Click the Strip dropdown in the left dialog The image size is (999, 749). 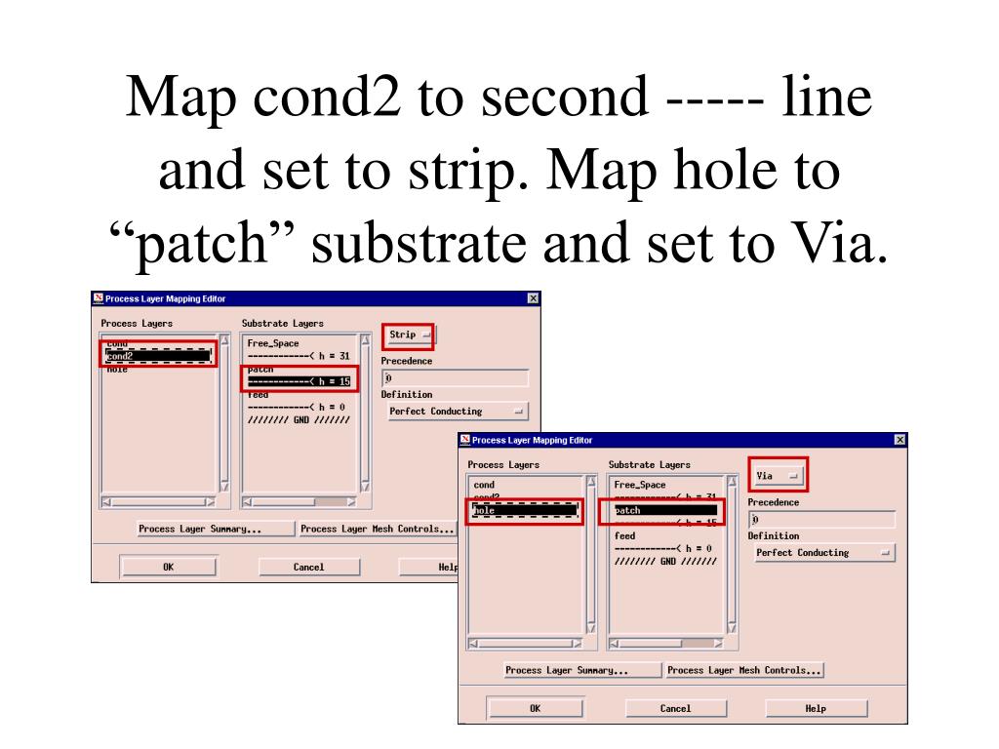pos(408,335)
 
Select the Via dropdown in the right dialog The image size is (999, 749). pos(778,476)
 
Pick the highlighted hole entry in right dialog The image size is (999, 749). pos(524,510)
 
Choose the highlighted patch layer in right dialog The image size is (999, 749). pos(665,510)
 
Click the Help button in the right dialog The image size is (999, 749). pos(816,709)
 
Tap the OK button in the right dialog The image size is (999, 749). pos(535,709)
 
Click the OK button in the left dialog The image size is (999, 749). pos(168,568)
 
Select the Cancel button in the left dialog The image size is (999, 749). pos(309,568)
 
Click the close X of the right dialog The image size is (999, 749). pos(899,440)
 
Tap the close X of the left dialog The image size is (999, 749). pos(532,298)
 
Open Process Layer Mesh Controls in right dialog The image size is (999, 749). pos(744,671)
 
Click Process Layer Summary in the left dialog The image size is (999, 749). pos(200,530)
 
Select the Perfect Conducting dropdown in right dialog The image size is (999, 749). pos(823,553)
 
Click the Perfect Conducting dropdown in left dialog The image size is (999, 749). pos(456,412)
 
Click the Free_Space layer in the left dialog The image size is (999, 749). pos(274,343)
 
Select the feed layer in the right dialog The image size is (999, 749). pos(625,535)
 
